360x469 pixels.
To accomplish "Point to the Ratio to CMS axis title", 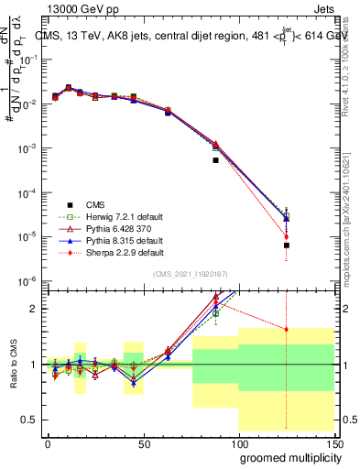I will tap(13, 364).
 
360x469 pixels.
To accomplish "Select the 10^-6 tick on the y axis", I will tap(30, 281).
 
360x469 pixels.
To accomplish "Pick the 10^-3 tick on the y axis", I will tap(30, 148).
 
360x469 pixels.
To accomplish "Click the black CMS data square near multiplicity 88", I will tap(215, 160).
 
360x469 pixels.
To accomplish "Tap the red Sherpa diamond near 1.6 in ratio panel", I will tap(287, 330).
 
